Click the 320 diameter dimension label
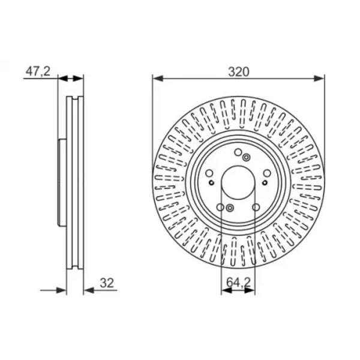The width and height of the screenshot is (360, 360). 238,72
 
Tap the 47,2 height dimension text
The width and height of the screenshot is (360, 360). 38,71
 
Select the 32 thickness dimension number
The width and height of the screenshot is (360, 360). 107,283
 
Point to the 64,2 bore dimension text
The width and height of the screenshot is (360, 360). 238,282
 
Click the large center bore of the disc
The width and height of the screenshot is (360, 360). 238,182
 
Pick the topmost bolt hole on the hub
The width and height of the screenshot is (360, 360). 238,152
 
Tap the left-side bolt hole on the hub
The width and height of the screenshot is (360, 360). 209,173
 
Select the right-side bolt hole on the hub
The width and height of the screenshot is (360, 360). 267,173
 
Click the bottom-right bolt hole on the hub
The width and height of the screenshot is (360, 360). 256,207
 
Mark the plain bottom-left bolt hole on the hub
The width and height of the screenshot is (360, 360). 220,207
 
